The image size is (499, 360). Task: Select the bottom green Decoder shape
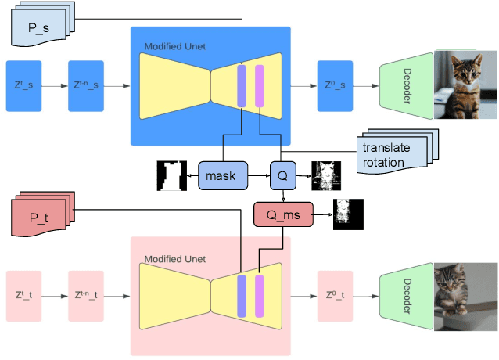click(x=406, y=297)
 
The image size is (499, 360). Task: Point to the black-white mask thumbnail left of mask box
click(x=170, y=175)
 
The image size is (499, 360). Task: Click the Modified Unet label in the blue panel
click(x=174, y=47)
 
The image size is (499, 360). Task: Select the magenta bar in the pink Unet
click(x=260, y=297)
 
